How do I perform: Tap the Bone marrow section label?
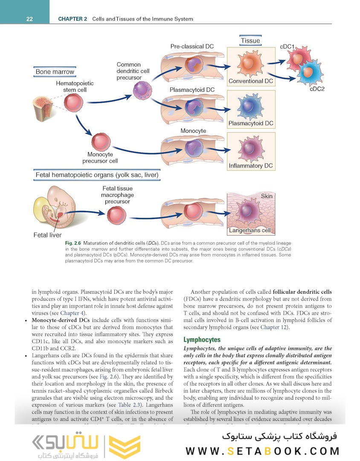click(55, 72)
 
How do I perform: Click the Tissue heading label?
click(250, 41)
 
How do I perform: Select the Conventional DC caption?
click(251, 81)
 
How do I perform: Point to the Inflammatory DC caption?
click(251, 166)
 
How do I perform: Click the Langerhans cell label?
click(250, 230)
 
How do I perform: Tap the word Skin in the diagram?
click(267, 196)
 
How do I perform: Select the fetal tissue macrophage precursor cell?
click(116, 215)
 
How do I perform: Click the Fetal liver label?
click(47, 235)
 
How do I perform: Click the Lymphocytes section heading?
click(202, 340)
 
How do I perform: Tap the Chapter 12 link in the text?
click(274, 327)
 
